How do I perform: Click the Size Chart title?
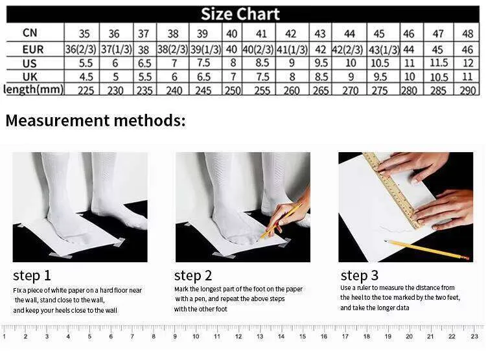240,14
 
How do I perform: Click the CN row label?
30,32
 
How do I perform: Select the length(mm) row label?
34,89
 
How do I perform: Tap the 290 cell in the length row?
468,91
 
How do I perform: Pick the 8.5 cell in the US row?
262,63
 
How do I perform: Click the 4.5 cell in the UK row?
86,77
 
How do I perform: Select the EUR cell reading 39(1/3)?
205,50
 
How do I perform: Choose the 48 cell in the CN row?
468,34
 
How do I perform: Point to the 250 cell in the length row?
233,91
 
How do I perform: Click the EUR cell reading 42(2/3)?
347,50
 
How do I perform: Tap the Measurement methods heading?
95,120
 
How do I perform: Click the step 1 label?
32,275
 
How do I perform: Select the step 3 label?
359,275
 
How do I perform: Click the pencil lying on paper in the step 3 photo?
426,249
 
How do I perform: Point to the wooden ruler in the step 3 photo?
393,190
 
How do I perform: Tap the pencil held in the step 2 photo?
281,220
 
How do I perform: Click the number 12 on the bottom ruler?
238,337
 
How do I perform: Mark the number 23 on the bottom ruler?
474,337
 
